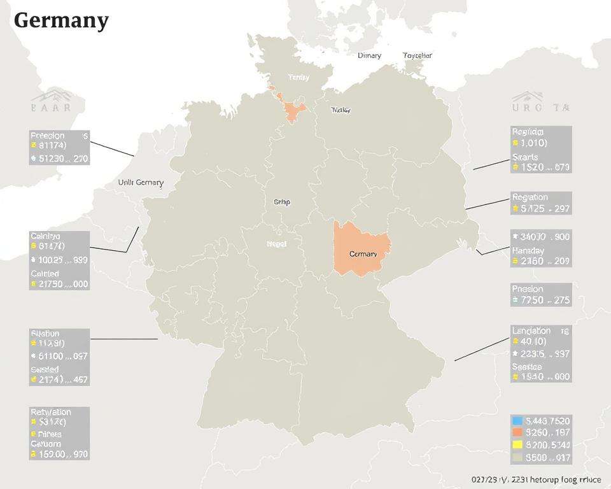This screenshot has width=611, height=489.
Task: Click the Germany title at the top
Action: [x=60, y=20]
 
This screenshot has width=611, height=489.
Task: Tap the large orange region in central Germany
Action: [x=362, y=248]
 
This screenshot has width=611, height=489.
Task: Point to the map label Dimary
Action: [x=369, y=55]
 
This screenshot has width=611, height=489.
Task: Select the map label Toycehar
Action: [x=418, y=55]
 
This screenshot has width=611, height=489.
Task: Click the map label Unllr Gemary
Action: [x=141, y=182]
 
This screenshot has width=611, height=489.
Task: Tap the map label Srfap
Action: [x=281, y=202]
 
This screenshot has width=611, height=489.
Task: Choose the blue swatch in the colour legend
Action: [x=517, y=421]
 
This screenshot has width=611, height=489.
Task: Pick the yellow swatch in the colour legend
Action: [x=517, y=445]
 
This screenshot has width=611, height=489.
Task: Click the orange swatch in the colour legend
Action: [x=517, y=433]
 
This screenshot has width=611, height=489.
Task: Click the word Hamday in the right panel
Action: [x=528, y=251]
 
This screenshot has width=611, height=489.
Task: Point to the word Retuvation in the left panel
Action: [x=51, y=412]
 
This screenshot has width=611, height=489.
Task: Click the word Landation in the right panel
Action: [x=531, y=330]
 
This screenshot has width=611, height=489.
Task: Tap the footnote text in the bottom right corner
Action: [x=536, y=479]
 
